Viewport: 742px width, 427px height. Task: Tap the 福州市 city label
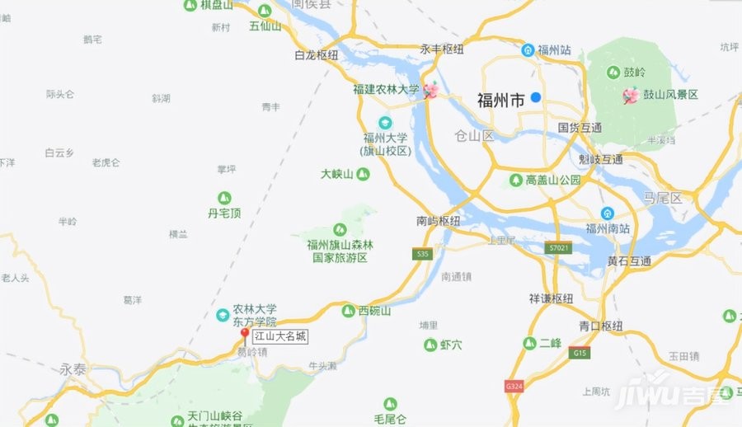coord(500,101)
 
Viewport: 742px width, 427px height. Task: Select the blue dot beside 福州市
coord(536,97)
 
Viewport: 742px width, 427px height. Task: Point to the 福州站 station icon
coord(528,49)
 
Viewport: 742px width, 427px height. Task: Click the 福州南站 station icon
coord(607,213)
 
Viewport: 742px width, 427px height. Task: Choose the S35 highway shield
coord(424,255)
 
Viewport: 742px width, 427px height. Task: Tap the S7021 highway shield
coord(557,247)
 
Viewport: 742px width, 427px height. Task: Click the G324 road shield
coord(514,386)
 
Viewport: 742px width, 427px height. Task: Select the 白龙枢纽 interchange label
coord(317,55)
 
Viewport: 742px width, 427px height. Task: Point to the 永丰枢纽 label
coord(442,49)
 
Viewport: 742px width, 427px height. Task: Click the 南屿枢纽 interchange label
coord(438,221)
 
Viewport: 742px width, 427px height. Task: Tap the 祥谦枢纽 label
coord(551,298)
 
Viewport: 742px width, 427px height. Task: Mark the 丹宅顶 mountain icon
coord(224,198)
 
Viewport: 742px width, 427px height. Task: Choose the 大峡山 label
coord(337,174)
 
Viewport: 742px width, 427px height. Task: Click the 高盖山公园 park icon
coord(515,180)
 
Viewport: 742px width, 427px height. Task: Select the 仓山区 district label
coord(473,135)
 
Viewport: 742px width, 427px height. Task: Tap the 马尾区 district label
coord(663,199)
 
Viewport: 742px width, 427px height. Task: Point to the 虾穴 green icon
coord(430,345)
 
